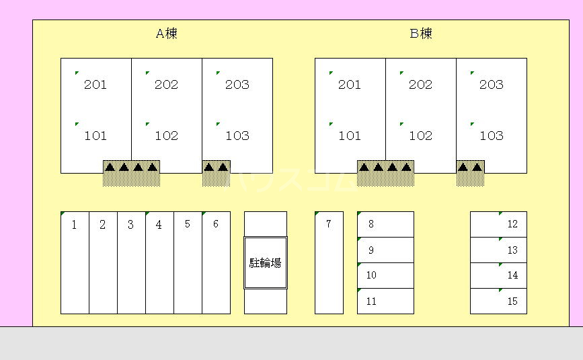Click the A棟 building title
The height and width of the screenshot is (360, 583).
pyautogui.click(x=166, y=34)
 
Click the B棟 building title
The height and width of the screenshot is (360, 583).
pyautogui.click(x=421, y=34)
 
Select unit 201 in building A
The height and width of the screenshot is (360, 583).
pyautogui.click(x=95, y=84)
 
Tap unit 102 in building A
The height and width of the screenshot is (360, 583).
pyautogui.click(x=166, y=135)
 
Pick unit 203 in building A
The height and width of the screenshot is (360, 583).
pyautogui.click(x=237, y=84)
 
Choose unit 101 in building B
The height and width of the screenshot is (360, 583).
pyautogui.click(x=350, y=135)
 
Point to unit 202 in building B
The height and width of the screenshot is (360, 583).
pyautogui.click(x=420, y=84)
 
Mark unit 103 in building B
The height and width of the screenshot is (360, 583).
pyautogui.click(x=491, y=135)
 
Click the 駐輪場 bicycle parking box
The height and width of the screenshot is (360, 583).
pyautogui.click(x=265, y=263)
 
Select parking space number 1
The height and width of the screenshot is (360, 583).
pyautogui.click(x=75, y=262)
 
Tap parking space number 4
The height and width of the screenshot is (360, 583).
pyautogui.click(x=159, y=262)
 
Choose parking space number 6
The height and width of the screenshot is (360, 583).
pyautogui.click(x=216, y=262)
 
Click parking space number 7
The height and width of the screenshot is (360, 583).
pyautogui.click(x=329, y=262)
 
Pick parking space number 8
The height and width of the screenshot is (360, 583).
pyautogui.click(x=385, y=225)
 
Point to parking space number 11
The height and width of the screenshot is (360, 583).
pyautogui.click(x=385, y=301)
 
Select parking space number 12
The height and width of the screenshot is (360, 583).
pyautogui.click(x=498, y=224)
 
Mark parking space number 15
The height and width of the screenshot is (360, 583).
pyautogui.click(x=498, y=301)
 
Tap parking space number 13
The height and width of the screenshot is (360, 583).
pyautogui.click(x=498, y=250)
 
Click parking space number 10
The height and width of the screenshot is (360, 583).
pyautogui.click(x=385, y=275)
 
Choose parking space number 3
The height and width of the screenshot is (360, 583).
pyautogui.click(x=131, y=262)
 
